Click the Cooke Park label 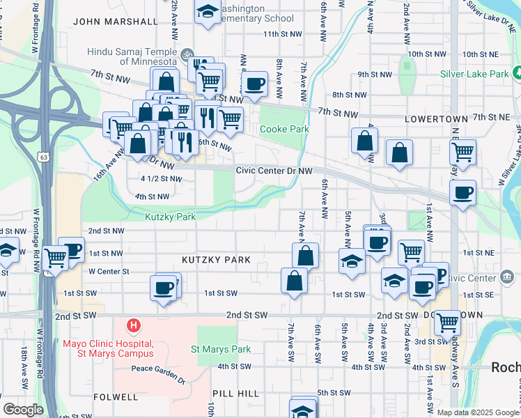pyautogui.click(x=282, y=129)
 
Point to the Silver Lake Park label pyautogui.click(x=474, y=73)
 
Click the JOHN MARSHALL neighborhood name pyautogui.click(x=116, y=21)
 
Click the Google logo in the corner pyautogui.click(x=23, y=410)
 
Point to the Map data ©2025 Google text pyautogui.click(x=477, y=412)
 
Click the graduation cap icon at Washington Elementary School pyautogui.click(x=207, y=12)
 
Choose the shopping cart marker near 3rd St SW pyautogui.click(x=447, y=323)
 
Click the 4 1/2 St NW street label pyautogui.click(x=161, y=179)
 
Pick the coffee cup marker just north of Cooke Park pyautogui.click(x=255, y=84)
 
